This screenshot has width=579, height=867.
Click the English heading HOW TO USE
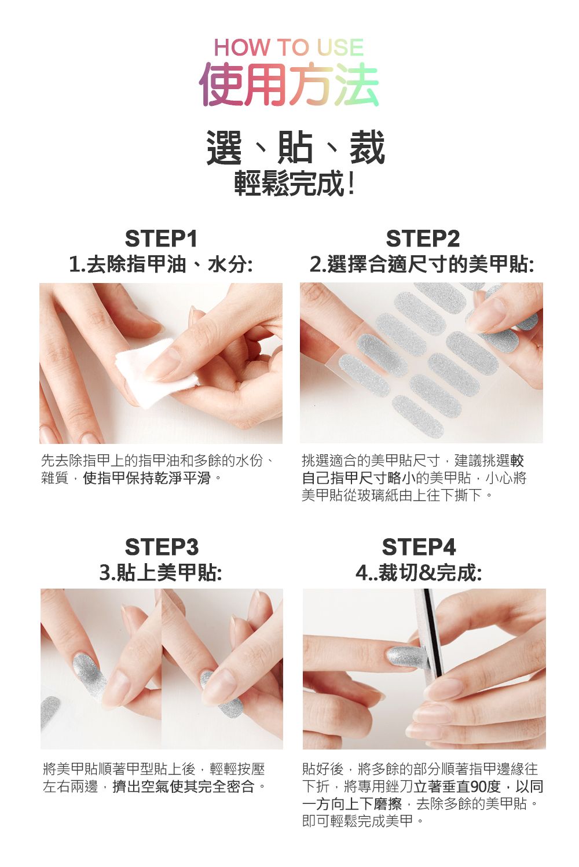pos(289,47)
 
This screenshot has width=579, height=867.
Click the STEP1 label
pos(161,238)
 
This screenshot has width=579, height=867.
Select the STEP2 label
pos(423,238)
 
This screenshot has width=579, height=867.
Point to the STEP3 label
pos(162,547)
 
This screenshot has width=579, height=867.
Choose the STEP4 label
pos(419,547)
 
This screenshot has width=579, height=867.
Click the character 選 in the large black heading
pos(224,148)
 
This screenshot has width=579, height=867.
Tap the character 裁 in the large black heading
pos(367,148)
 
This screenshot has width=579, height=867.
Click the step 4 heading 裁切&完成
pos(428,573)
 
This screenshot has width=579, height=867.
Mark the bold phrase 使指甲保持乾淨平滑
pos(146,478)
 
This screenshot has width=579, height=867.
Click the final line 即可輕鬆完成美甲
pos(357,821)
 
